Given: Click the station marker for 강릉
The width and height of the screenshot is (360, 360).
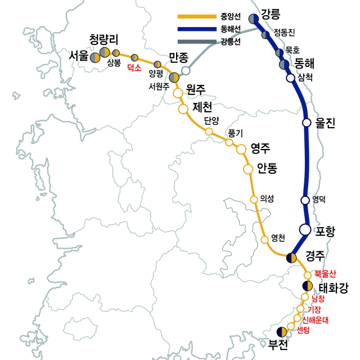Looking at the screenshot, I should tap(254, 19).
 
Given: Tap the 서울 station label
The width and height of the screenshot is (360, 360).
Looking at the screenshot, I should tap(79, 56).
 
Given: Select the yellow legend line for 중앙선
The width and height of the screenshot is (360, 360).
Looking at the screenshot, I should tap(196, 16).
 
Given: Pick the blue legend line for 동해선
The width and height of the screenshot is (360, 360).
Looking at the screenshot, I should tap(196, 29).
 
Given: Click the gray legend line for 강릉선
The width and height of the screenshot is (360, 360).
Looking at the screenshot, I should tap(196, 41).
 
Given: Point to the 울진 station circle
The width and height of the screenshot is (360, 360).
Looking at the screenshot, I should tap(307, 122).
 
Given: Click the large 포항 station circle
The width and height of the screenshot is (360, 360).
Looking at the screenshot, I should tap(305, 229).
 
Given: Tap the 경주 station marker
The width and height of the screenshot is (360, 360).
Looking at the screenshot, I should tap(291, 258).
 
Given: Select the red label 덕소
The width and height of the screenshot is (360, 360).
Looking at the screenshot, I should tap(134, 67).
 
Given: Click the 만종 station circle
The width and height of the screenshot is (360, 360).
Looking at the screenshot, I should tap(186, 71).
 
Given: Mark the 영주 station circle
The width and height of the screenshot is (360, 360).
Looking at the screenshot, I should tap(241, 149).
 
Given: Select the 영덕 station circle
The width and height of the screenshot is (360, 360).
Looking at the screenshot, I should tap(305, 200).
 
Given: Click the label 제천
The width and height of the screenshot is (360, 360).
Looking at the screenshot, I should tap(203, 107).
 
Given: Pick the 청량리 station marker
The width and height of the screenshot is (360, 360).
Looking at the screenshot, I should tap(105, 53).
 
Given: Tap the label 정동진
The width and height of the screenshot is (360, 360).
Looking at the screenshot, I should tap(284, 32).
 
